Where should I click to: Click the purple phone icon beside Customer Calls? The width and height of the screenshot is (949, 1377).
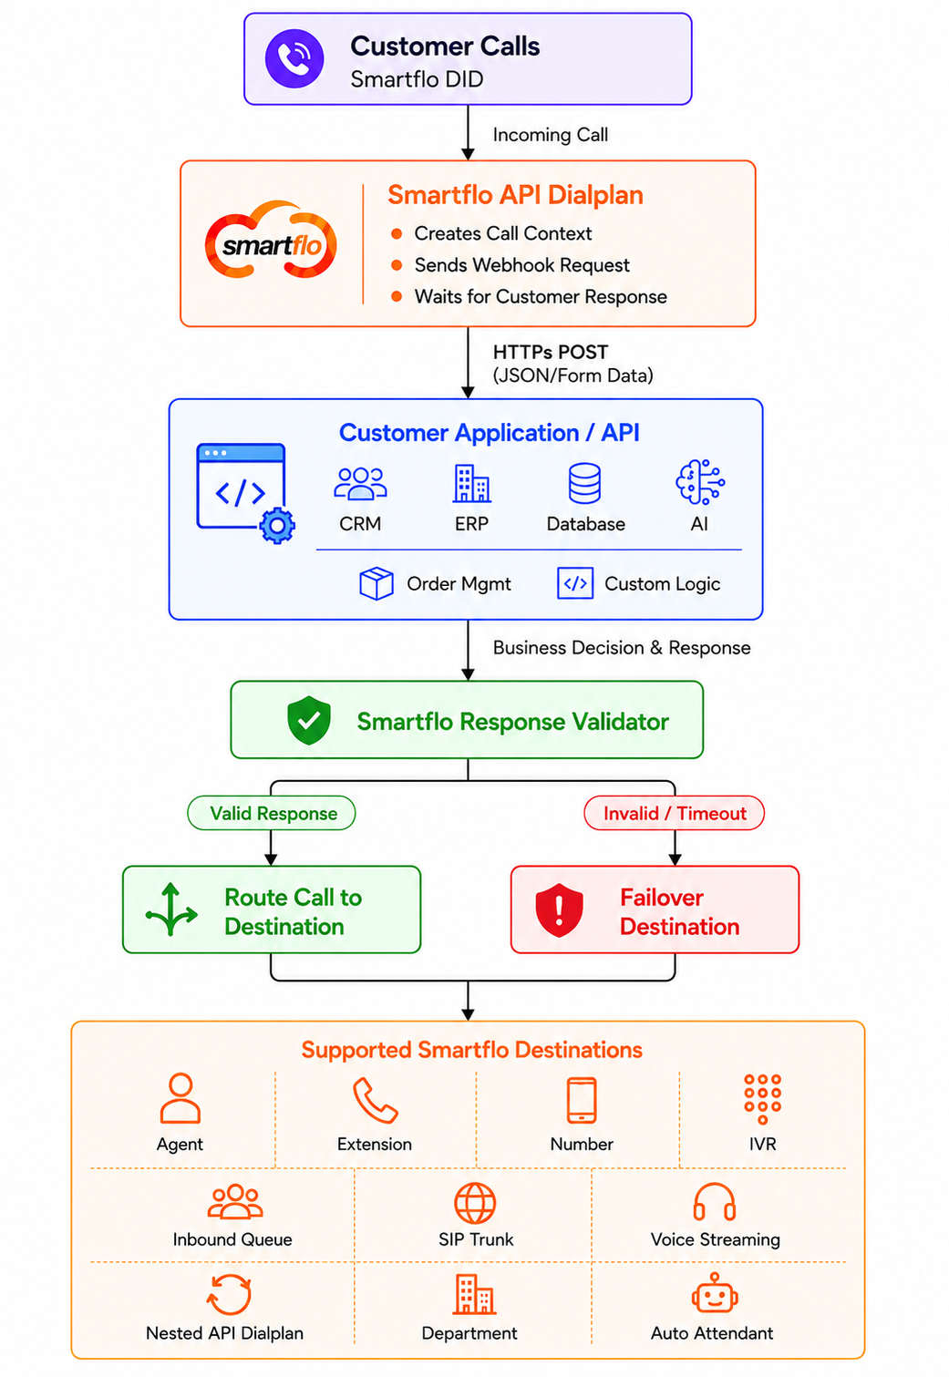(294, 59)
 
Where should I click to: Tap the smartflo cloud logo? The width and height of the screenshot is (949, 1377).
(271, 240)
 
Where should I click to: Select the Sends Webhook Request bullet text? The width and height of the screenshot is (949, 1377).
(521, 265)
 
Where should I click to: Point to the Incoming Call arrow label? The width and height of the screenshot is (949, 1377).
(550, 135)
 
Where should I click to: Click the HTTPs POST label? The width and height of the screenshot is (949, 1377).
(551, 353)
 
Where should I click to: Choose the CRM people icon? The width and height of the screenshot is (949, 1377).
(360, 483)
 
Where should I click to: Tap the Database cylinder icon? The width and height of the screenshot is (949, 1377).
(584, 483)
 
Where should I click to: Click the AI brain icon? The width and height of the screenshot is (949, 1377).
(700, 482)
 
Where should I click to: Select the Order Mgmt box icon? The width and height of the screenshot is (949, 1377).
(376, 582)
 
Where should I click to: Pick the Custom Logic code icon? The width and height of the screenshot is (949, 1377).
(575, 582)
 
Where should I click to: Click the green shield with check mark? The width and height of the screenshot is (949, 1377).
(309, 721)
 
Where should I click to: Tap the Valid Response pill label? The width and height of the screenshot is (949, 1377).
(272, 813)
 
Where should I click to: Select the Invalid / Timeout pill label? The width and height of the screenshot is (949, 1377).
(674, 813)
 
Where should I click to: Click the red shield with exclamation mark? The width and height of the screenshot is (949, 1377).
(559, 909)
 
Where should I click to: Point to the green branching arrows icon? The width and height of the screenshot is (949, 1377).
(171, 909)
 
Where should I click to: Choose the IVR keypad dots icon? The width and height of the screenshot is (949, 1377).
(763, 1099)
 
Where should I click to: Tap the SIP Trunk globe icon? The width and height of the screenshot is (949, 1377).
(475, 1203)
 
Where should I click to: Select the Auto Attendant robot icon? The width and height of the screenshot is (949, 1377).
(715, 1293)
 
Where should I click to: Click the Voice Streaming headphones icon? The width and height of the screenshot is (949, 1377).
(715, 1202)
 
